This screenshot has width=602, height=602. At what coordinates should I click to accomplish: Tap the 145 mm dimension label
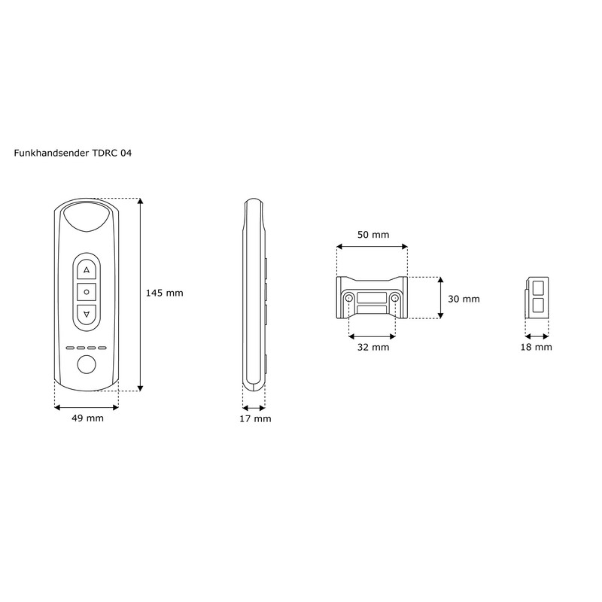(164, 293)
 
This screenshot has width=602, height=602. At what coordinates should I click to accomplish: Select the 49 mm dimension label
(87, 418)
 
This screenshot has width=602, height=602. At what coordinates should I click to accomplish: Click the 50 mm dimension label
(372, 235)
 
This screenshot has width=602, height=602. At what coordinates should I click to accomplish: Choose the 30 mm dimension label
(464, 299)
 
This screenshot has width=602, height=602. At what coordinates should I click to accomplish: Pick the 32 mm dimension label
(372, 347)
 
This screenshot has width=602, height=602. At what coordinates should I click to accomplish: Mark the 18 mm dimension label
(537, 347)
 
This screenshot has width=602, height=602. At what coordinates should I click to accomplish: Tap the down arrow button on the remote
(87, 313)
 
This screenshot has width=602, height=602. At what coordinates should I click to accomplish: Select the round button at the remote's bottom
(87, 366)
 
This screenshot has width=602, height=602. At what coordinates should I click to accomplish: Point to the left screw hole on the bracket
(350, 299)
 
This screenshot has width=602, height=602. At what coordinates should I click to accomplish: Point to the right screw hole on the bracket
(395, 299)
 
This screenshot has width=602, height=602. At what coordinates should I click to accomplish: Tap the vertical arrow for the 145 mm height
(141, 294)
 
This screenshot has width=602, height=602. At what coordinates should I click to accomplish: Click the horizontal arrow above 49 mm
(87, 406)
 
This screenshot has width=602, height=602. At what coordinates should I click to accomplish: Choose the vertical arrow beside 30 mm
(439, 298)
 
